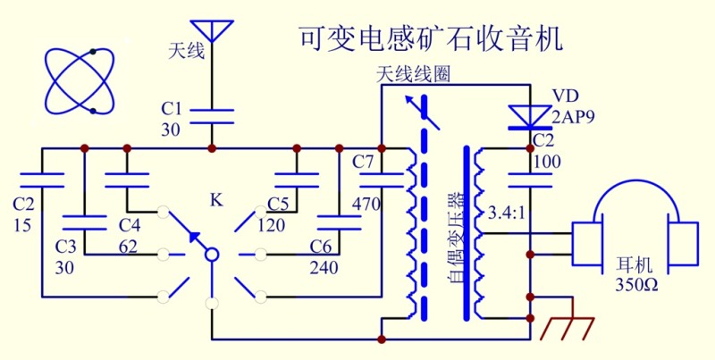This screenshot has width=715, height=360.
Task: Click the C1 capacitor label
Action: click(x=172, y=108)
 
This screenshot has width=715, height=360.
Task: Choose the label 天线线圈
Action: click(x=413, y=75)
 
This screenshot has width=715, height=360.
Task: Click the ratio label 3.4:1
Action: click(x=507, y=214)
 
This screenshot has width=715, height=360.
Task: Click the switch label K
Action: click(x=215, y=198)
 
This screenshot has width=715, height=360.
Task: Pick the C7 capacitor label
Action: click(x=364, y=163)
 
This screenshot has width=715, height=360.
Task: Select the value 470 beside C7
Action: click(x=366, y=205)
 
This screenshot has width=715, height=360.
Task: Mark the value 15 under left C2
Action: click(x=23, y=225)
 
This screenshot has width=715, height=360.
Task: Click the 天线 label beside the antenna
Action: click(x=187, y=51)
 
